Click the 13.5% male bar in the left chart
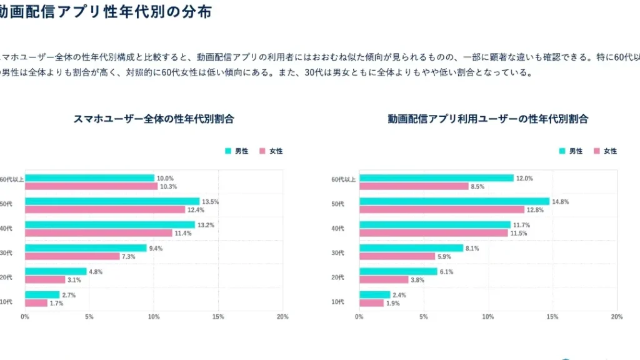click(112, 201)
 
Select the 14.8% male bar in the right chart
click(454, 201)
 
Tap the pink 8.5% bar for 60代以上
click(414, 186)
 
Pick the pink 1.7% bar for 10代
click(36, 303)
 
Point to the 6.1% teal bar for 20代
click(398, 272)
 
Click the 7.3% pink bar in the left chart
click(72, 256)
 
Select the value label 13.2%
click(206, 225)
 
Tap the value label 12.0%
click(524, 178)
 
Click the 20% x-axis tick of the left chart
click(282, 317)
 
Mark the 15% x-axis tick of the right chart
click(552, 317)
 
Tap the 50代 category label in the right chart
click(337, 204)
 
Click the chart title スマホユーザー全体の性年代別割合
click(149, 119)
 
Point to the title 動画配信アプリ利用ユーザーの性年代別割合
click(488, 119)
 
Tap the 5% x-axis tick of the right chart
click(424, 317)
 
